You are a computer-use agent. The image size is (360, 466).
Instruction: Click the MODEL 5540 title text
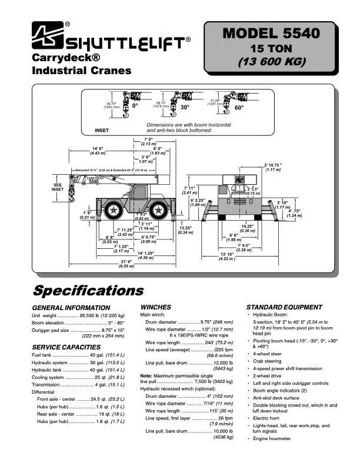(x=271, y=34)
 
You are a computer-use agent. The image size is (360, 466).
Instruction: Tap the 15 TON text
(x=271, y=48)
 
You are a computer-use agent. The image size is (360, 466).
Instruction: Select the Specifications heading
(x=88, y=291)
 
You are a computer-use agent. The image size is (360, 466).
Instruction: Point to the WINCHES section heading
(x=156, y=307)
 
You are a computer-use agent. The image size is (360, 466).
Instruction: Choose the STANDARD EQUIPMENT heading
(x=284, y=307)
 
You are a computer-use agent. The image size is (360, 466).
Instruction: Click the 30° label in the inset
(x=185, y=108)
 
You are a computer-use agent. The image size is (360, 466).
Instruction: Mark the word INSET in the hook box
(x=102, y=129)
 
